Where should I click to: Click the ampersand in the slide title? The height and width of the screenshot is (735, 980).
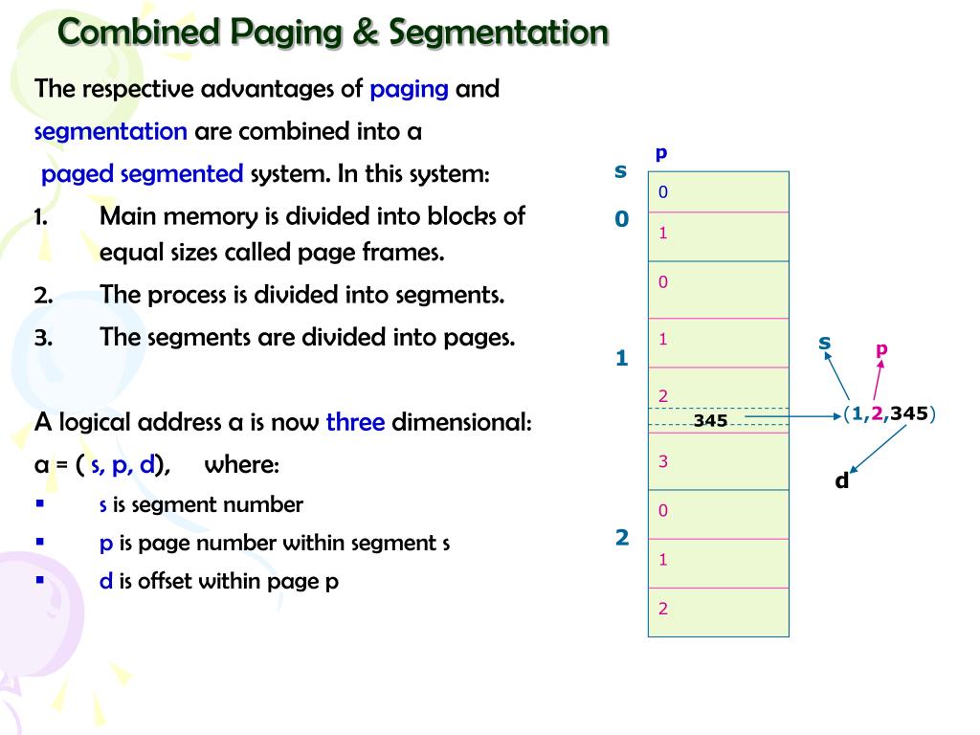click(365, 33)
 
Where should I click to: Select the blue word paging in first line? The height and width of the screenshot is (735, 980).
click(410, 89)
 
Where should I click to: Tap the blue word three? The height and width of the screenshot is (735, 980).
click(355, 422)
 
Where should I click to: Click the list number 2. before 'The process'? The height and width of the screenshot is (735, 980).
click(44, 295)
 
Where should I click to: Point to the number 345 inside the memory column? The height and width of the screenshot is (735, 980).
click(710, 420)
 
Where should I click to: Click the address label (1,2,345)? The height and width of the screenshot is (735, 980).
click(889, 413)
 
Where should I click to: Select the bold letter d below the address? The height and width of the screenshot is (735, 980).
click(842, 480)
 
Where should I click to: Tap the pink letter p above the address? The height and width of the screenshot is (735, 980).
click(881, 349)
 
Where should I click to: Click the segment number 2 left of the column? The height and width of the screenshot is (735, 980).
click(622, 538)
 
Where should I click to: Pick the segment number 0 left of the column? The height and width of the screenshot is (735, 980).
click(622, 219)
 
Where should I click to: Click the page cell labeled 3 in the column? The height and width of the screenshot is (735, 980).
click(718, 462)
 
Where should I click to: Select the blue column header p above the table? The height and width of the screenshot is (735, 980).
click(661, 153)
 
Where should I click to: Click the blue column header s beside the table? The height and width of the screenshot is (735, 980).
click(620, 171)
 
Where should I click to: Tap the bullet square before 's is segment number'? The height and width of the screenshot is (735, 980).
click(39, 502)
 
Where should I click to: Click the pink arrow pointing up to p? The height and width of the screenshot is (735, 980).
click(878, 381)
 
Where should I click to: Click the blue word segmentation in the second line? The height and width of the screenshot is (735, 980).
click(111, 131)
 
